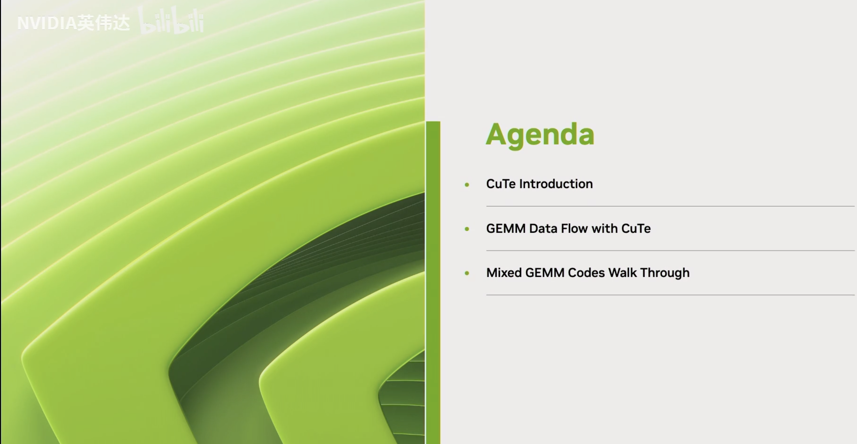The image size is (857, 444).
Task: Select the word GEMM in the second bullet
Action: point(506,229)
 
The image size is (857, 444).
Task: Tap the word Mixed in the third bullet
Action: point(504,273)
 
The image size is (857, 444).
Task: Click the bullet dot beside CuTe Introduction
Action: point(467,185)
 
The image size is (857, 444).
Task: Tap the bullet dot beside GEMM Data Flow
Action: point(467,229)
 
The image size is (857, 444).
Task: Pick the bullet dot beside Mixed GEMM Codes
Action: point(467,273)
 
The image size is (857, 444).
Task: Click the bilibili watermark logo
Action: point(171,21)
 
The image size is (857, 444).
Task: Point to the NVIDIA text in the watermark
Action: point(47,23)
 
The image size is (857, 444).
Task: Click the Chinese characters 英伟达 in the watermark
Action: point(103,23)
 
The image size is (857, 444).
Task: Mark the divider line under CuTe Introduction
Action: point(670,206)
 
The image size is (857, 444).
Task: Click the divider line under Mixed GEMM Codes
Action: point(670,295)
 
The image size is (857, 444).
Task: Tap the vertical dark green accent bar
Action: point(433,283)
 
